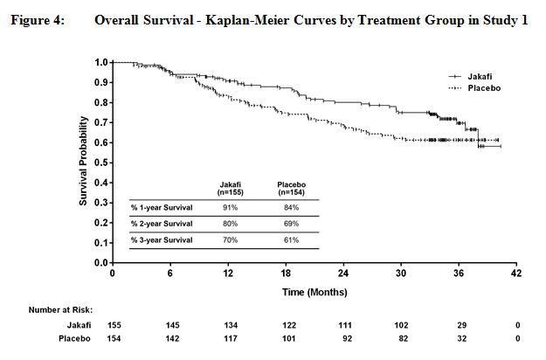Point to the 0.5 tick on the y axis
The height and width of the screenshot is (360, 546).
point(101,163)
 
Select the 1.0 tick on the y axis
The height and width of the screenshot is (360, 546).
point(101,62)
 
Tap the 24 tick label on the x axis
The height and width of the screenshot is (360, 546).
point(346,274)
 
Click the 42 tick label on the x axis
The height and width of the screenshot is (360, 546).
point(518,274)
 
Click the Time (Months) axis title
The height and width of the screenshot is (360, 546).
point(314,292)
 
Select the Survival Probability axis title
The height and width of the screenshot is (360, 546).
point(85,162)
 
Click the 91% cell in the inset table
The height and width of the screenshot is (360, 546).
point(230,207)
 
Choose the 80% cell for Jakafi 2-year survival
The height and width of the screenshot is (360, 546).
point(230,225)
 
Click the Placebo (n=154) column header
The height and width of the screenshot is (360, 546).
point(290,188)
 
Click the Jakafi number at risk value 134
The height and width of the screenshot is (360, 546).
point(230,324)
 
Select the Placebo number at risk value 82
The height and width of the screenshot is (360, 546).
point(403,337)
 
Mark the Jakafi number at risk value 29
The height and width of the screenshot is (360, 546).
point(460,324)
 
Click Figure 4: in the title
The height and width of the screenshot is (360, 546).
point(38,20)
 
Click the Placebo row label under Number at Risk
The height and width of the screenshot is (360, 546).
point(75,337)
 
